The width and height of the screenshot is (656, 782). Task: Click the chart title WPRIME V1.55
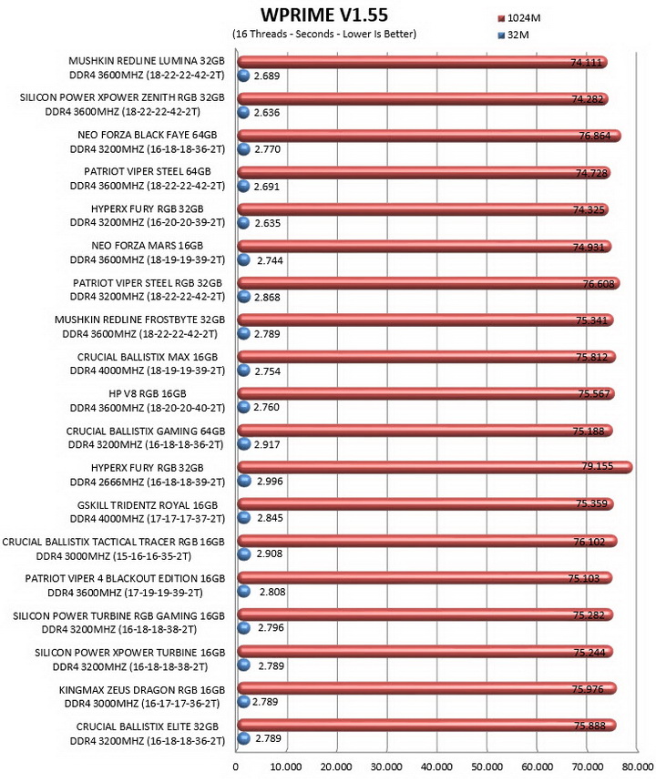pyautogui.click(x=324, y=15)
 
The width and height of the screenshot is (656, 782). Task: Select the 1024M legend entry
pyautogui.click(x=519, y=18)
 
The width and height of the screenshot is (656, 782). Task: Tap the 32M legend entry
pyautogui.click(x=513, y=36)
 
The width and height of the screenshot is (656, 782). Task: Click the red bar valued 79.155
pyautogui.click(x=435, y=467)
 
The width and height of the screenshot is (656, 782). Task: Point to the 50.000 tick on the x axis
pyautogui.click(x=487, y=767)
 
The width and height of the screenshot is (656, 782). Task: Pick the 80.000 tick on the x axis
pyautogui.click(x=637, y=767)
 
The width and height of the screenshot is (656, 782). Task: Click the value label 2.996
pyautogui.click(x=270, y=482)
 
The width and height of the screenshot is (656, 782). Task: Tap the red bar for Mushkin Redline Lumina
pyautogui.click(x=422, y=62)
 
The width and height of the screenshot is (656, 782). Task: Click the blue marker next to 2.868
pyautogui.click(x=243, y=297)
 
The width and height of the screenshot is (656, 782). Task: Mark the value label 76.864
pyautogui.click(x=595, y=136)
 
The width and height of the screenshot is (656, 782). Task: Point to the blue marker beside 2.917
pyautogui.click(x=243, y=444)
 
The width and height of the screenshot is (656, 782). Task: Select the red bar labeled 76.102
pyautogui.click(x=426, y=541)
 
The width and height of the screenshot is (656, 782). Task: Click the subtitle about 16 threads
pyautogui.click(x=324, y=34)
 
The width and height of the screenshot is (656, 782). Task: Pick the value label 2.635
pyautogui.click(x=268, y=223)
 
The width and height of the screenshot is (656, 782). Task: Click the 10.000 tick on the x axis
pyautogui.click(x=286, y=767)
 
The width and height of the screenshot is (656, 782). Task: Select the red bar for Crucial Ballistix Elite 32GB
pyautogui.click(x=426, y=726)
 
